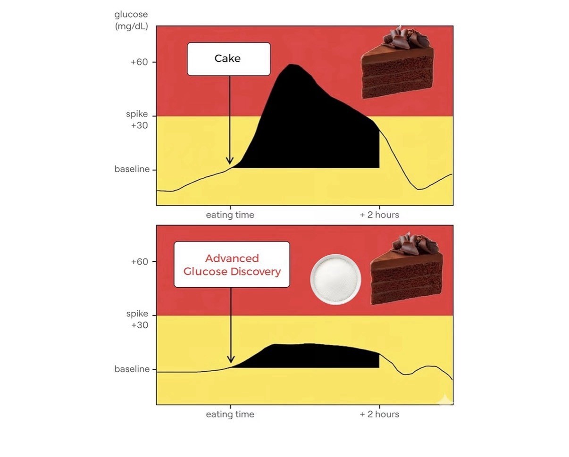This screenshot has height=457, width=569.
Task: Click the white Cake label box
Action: [229, 59]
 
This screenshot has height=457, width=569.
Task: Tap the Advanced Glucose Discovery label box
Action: [232, 264]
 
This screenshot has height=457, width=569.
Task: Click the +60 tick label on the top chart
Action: [139, 62]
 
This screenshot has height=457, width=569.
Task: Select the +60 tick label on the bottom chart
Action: [139, 262]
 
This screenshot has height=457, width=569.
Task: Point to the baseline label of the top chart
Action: [132, 169]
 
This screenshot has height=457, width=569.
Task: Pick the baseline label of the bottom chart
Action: [132, 369]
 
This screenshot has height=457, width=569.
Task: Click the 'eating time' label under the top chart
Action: [230, 215]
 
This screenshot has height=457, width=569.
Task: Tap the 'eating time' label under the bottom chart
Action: [230, 414]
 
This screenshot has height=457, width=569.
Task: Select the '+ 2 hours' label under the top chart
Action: [379, 215]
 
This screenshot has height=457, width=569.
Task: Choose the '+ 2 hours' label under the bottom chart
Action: [379, 414]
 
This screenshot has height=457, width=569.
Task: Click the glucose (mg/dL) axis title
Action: [131, 20]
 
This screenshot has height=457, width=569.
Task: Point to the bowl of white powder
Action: [335, 279]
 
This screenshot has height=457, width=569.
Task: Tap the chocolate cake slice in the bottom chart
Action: [406, 268]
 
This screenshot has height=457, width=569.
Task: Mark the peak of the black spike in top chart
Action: [291, 64]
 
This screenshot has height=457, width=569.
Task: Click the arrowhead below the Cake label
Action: [230, 161]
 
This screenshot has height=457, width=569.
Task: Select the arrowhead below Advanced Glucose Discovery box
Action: [231, 359]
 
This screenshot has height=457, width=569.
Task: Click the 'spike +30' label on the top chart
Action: [137, 119]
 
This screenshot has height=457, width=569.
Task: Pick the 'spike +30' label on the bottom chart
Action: [137, 319]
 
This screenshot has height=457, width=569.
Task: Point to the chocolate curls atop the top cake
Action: [406, 38]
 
